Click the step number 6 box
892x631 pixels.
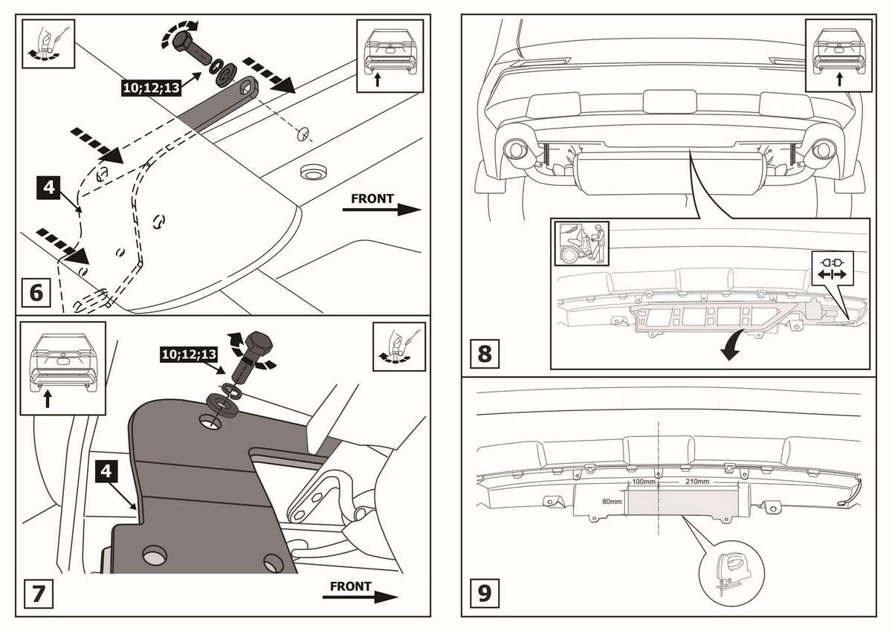tap(36, 292)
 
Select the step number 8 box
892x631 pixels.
tap(485, 352)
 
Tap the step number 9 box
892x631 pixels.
tap(485, 594)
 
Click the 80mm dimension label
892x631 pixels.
tap(612, 501)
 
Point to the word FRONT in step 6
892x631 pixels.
tap(372, 199)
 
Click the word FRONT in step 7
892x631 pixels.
tap(350, 586)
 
